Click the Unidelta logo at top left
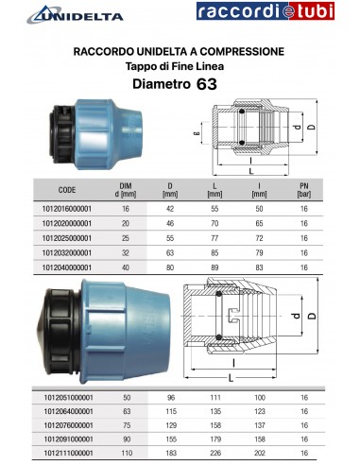click(x=63, y=13)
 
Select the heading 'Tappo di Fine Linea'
click(x=178, y=65)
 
